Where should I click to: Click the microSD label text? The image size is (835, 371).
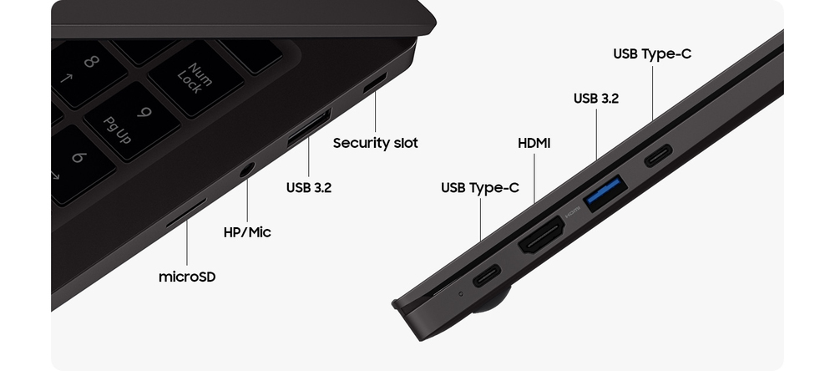pos(187,277)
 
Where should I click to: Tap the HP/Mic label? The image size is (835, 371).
pos(247,232)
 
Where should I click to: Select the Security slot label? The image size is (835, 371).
pos(376,143)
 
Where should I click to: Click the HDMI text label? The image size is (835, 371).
pos(534,144)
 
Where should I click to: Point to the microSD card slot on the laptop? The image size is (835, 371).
pos(186,213)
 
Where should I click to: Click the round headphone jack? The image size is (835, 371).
pos(246,170)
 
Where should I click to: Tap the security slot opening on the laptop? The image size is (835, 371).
pos(375,83)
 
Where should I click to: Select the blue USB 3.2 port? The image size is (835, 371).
pos(605,192)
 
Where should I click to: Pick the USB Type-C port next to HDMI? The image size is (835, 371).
pos(487,275)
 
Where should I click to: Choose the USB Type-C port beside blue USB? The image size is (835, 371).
pos(658,155)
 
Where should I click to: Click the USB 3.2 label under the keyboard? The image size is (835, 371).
pos(309,188)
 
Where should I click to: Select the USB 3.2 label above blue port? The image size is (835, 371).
pos(596,98)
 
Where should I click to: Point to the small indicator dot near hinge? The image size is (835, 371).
pos(461,293)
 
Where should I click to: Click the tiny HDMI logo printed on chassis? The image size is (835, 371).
pos(572,212)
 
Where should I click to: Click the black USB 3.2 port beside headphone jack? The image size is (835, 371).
pos(310,127)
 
